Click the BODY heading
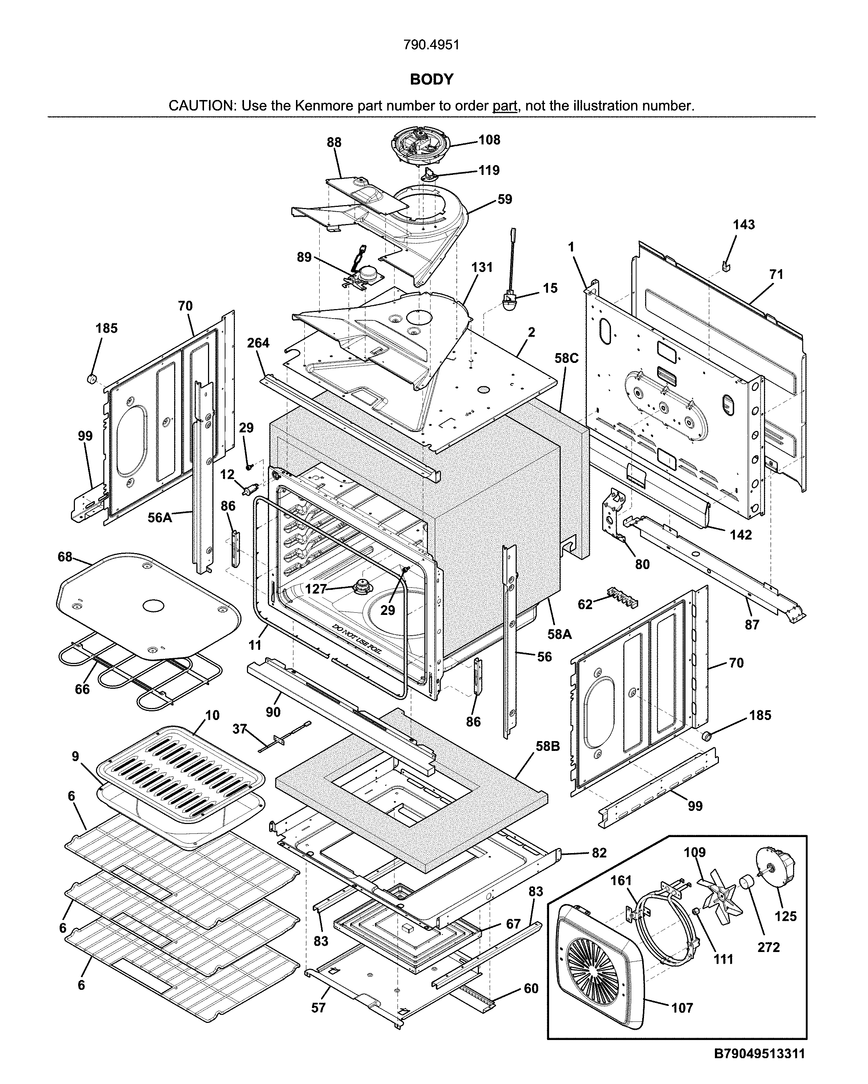click(x=432, y=79)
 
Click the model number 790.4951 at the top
click(x=432, y=45)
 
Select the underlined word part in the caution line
click(x=504, y=106)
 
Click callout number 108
click(x=489, y=140)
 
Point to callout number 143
click(x=744, y=225)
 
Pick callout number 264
click(x=258, y=343)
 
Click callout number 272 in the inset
click(x=768, y=947)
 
